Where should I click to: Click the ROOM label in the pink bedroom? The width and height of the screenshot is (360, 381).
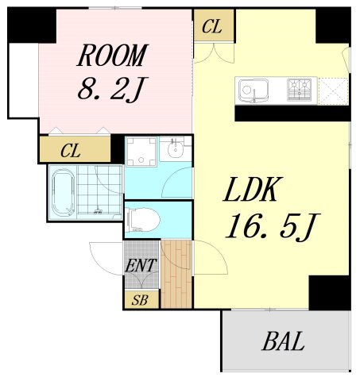pyautogui.click(x=112, y=56)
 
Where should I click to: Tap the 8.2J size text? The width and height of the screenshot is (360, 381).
pyautogui.click(x=112, y=89)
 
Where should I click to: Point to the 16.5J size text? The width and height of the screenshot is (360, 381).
pyautogui.click(x=273, y=227)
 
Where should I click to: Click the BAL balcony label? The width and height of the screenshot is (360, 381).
pyautogui.click(x=284, y=341)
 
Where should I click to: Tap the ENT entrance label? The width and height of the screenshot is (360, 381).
pyautogui.click(x=141, y=265)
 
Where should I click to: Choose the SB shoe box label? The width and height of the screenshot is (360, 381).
pyautogui.click(x=140, y=300)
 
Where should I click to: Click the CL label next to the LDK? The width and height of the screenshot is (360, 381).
pyautogui.click(x=212, y=26)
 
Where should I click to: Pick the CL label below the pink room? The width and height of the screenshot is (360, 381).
pyautogui.click(x=71, y=152)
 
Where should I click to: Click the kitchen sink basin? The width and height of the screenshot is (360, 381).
pyautogui.click(x=254, y=90)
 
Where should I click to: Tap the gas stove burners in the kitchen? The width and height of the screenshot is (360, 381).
pyautogui.click(x=299, y=90)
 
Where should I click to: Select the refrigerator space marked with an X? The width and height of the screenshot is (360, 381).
pyautogui.click(x=333, y=91)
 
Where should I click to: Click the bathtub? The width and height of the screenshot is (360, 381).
pyautogui.click(x=63, y=192)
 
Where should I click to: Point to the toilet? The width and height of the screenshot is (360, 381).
pyautogui.click(x=143, y=220)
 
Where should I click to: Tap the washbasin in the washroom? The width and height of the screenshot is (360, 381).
pyautogui.click(x=175, y=148)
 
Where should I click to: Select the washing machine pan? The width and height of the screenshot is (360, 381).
pyautogui.click(x=141, y=152)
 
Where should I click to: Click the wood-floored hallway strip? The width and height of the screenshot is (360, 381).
pyautogui.click(x=176, y=274)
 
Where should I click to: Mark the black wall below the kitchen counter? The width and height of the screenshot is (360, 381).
pyautogui.click(x=292, y=114)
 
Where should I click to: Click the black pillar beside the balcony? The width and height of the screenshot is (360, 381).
pyautogui.click(x=330, y=293)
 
